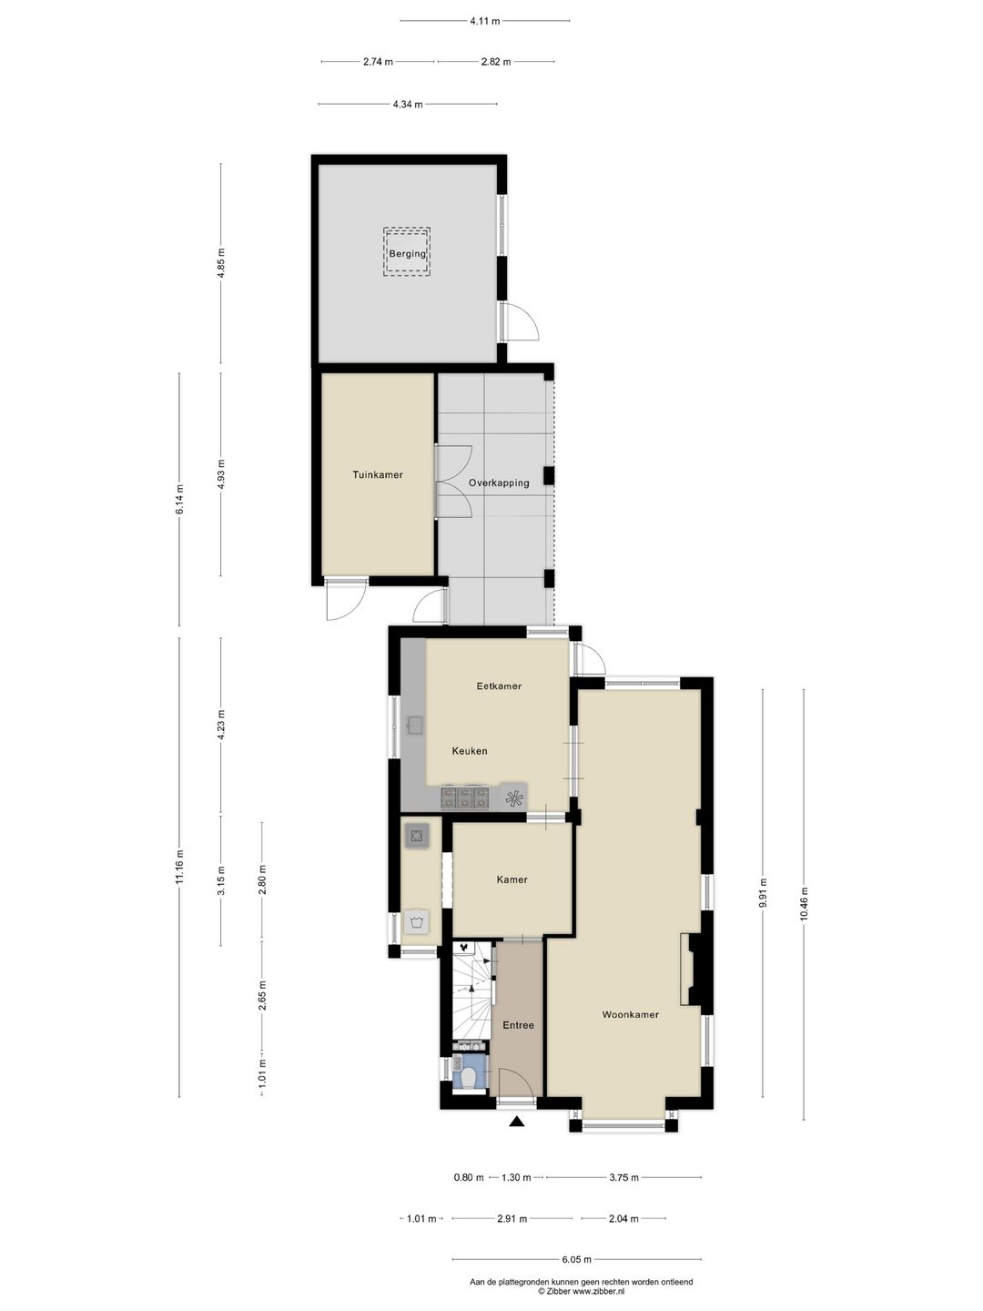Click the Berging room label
[x=407, y=253]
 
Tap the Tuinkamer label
[x=378, y=474]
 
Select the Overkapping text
[x=499, y=483]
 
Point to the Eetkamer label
[x=499, y=686]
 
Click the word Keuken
[x=470, y=751]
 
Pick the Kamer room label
[x=512, y=879]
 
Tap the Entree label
[x=518, y=1025]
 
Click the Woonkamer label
[x=630, y=1014]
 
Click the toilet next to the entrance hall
[x=469, y=1077]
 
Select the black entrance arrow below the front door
[x=517, y=1122]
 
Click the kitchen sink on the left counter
[x=416, y=726]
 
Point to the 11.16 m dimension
[x=179, y=867]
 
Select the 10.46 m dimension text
[x=803, y=904]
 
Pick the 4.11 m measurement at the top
[x=485, y=21]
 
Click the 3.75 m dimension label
[x=623, y=1177]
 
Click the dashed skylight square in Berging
[x=407, y=251]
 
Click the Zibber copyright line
[x=581, y=1291]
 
